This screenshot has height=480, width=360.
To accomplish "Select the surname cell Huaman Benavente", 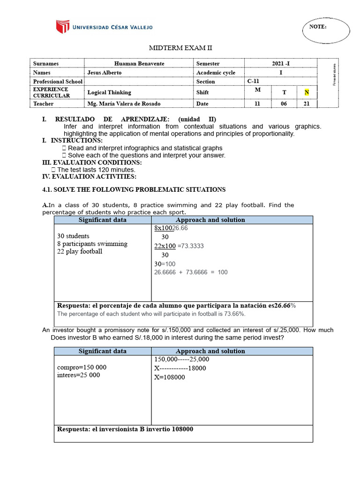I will point(139,63).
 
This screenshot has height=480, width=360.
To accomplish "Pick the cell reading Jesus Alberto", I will point(104,73).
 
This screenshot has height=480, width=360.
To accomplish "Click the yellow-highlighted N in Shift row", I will point(307,92).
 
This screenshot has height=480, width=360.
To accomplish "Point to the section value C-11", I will point(253,81).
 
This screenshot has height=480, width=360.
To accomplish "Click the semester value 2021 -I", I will point(281,63).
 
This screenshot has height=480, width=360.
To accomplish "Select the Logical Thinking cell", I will point(109,92).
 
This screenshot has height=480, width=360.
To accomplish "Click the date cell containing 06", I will point(284,104).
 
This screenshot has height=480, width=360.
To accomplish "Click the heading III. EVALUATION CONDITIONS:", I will point(92,162).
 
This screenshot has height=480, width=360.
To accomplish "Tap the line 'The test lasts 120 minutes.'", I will point(96,169).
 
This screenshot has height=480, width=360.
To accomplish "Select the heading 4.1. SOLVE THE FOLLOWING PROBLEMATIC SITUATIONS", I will point(134,189).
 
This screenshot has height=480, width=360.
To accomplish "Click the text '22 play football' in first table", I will point(79,251).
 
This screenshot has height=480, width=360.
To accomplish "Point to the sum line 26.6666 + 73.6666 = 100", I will point(191,272).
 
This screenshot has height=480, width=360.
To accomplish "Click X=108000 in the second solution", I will point(169,377).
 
